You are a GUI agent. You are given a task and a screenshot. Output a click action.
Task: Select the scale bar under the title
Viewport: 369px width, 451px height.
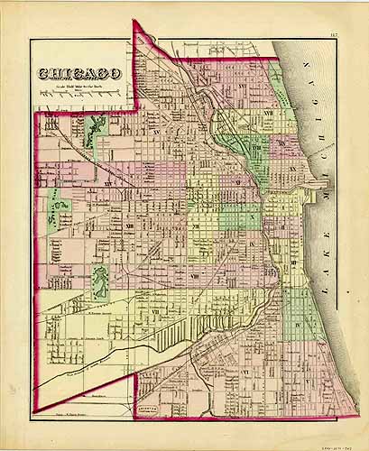pyautogui.click(x=79, y=93)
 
